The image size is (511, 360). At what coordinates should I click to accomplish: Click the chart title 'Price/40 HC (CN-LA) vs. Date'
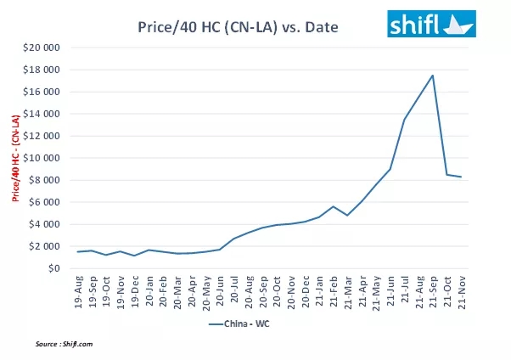pyautogui.click(x=238, y=27)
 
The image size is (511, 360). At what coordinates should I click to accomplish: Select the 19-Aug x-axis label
pyautogui.click(x=78, y=290)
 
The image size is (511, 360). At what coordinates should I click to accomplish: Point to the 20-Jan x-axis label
pyautogui.click(x=150, y=290)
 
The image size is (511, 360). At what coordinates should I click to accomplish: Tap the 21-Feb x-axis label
pyautogui.click(x=334, y=290)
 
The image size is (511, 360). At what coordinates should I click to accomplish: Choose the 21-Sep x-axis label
pyautogui.click(x=433, y=290)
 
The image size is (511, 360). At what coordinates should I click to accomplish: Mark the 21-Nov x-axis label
pyautogui.click(x=462, y=290)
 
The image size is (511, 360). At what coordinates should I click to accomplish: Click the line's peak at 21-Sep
pyautogui.click(x=433, y=76)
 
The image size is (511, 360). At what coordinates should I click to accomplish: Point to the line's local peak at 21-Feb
pyautogui.click(x=334, y=206)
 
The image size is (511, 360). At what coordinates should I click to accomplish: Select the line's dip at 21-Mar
pyautogui.click(x=348, y=215)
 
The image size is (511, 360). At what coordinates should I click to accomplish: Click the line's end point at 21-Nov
pyautogui.click(x=462, y=177)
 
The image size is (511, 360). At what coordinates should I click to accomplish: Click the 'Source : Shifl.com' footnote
pyautogui.click(x=66, y=344)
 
